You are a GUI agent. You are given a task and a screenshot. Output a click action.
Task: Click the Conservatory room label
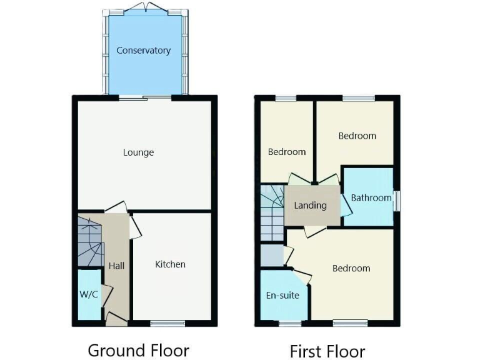pos(144,51)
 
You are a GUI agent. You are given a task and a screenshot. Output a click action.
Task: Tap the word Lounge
pos(138,152)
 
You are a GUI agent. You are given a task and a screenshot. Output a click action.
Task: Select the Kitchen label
pos(170,264)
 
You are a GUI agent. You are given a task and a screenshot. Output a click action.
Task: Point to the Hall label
pos(116,266)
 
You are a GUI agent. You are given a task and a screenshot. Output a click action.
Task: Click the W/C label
pos(89,294)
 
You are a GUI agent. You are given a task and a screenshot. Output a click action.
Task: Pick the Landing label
pos(310,205)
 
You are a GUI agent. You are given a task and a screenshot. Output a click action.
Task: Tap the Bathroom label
pos(371,197)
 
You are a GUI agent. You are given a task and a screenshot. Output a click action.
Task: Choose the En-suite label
pos(282,295)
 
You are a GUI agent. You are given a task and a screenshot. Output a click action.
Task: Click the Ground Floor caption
pos(138,349)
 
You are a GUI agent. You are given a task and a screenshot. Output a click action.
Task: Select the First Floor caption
pos(327,350)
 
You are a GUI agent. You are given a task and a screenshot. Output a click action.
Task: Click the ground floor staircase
pos(89,241)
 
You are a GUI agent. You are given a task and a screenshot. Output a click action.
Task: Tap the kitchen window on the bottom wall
pos(167,323)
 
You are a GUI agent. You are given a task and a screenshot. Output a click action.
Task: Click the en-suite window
pos(289,323)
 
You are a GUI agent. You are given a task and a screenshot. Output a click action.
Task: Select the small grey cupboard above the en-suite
pos(271,256)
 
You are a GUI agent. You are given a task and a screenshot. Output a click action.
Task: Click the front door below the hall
pos(116,321)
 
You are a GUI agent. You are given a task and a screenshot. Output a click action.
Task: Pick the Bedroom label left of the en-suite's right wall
pos(287,152)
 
